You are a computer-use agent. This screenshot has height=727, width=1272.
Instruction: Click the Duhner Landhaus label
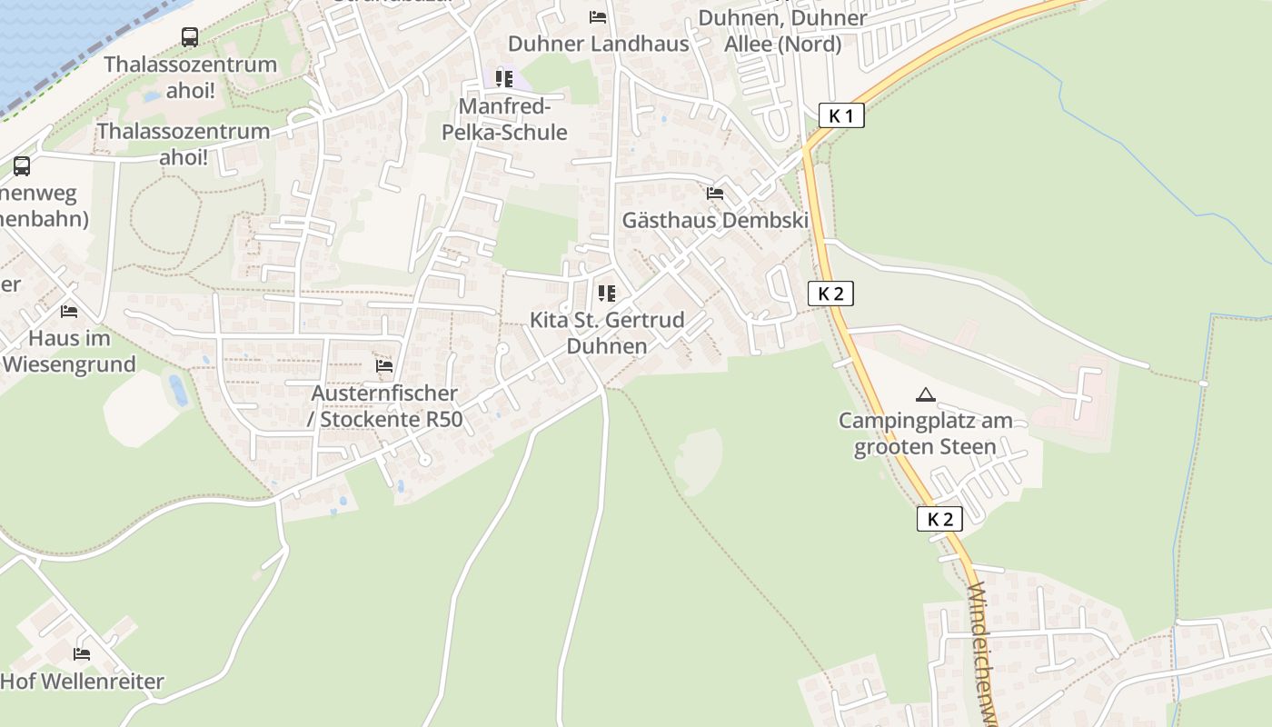[x=598, y=44]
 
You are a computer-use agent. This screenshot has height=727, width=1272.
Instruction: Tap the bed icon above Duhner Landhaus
[x=597, y=16]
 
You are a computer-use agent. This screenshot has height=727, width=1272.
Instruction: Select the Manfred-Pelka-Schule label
[x=504, y=119]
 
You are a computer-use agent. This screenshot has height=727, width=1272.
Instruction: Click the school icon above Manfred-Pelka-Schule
[x=504, y=79]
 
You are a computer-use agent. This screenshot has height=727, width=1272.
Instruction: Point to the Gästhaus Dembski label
[x=715, y=220]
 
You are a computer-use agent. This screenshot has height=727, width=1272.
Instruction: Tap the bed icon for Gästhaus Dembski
[x=715, y=194]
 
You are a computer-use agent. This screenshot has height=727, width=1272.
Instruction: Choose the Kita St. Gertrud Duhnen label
[x=607, y=333]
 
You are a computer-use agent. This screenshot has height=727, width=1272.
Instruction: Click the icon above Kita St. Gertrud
[x=607, y=294]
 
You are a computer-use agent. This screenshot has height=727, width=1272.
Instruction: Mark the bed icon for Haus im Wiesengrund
[x=69, y=312]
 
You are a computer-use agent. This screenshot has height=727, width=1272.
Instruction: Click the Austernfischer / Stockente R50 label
[x=384, y=406]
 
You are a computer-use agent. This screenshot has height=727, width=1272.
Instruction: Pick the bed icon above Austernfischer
[x=384, y=366]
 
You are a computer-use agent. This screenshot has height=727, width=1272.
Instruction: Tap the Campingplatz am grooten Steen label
[x=925, y=433]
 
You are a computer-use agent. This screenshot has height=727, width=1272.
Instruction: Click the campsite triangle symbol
[x=926, y=394]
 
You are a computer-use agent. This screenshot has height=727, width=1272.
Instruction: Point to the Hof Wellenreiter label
[x=82, y=681]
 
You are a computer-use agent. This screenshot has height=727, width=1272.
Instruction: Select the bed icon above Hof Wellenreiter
[x=82, y=653]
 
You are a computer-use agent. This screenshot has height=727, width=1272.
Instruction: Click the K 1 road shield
[x=841, y=115]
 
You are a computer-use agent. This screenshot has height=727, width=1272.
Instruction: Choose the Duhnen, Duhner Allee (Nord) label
[x=782, y=31]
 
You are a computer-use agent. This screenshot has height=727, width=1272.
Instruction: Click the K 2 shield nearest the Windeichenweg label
[x=939, y=519]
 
